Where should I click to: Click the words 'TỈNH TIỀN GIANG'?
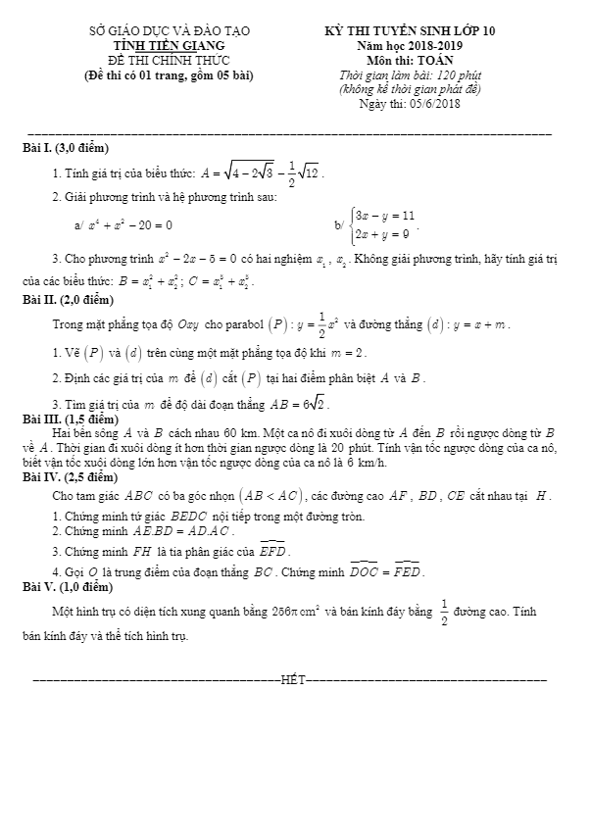point(169,45)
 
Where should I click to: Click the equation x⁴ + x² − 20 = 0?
point(129,224)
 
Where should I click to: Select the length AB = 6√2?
point(300,404)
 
